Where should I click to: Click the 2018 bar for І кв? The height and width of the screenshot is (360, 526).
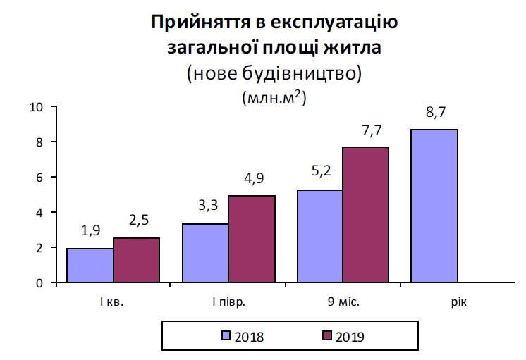(90, 266)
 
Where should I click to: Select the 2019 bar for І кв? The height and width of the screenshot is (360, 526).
(136, 260)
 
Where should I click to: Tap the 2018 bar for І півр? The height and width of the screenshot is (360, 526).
(205, 253)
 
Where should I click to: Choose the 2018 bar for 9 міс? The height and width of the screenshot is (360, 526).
(321, 236)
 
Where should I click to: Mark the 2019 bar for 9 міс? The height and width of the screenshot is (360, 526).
(367, 215)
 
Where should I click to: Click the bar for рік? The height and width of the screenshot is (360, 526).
(436, 206)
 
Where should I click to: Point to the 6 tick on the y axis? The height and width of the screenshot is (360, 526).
(39, 178)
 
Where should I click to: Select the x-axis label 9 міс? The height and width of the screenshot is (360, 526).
(343, 303)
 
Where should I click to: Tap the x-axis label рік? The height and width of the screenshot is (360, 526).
(459, 303)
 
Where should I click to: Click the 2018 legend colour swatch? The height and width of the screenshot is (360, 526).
(226, 336)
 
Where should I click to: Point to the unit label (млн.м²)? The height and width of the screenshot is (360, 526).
(273, 97)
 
